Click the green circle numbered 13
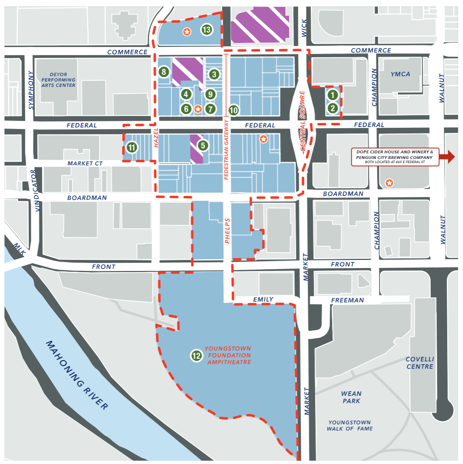(207, 30)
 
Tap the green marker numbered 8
(164, 72)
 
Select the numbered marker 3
(214, 74)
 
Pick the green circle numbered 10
(234, 110)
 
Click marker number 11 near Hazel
(132, 147)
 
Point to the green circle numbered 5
(203, 146)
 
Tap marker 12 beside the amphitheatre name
(197, 356)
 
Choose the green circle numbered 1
(333, 95)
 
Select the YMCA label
(400, 74)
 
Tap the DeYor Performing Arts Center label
(58, 80)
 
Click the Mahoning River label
(77, 375)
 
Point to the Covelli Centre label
(420, 363)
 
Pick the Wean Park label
(351, 397)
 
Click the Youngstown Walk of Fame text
(349, 425)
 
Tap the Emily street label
(263, 299)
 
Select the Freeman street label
(347, 300)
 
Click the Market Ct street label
(85, 163)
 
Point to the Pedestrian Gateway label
(227, 150)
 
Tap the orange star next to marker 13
(187, 31)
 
